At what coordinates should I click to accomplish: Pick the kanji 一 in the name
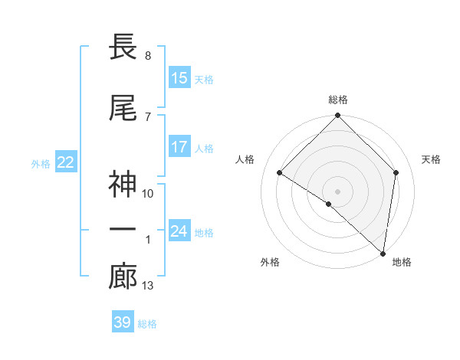tap(123, 231)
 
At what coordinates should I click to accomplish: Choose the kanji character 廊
tap(123, 277)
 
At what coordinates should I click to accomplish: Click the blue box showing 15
tap(179, 78)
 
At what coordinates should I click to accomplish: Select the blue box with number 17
tap(179, 148)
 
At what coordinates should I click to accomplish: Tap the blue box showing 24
tap(179, 231)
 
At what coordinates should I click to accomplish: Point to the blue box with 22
tap(66, 162)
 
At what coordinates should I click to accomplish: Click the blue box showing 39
tap(123, 322)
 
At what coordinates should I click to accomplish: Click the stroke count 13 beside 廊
tap(148, 286)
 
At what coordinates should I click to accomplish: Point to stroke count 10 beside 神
tap(148, 193)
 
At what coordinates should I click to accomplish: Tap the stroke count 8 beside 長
tap(147, 56)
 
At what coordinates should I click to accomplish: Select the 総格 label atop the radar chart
tap(338, 100)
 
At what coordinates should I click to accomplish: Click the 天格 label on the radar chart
tap(432, 159)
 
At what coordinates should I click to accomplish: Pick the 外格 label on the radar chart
tap(270, 262)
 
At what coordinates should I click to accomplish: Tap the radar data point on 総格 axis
tap(338, 116)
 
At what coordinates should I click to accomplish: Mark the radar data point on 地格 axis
tap(383, 254)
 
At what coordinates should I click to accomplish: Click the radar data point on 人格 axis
tap(280, 173)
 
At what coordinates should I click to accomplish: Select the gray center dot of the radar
tap(338, 191)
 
